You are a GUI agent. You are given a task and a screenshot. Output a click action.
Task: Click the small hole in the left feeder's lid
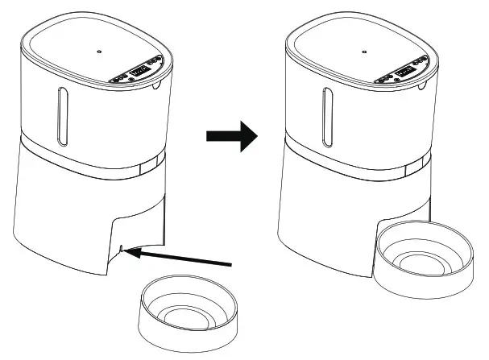click(x=98, y=51)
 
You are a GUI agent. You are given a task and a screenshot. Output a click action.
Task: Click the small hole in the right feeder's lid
click(x=364, y=51)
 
